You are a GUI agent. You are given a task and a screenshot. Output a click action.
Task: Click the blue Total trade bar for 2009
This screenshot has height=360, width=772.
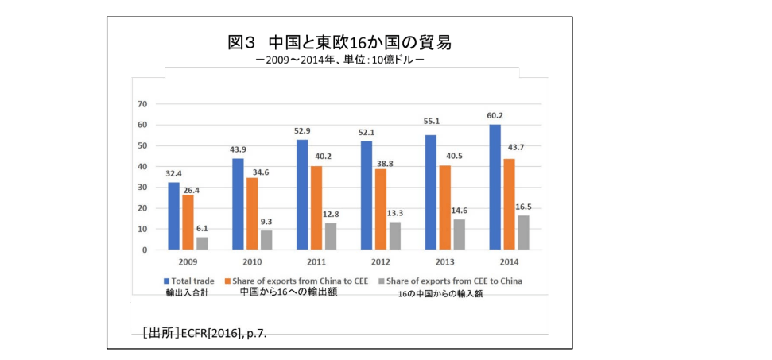(x=173, y=216)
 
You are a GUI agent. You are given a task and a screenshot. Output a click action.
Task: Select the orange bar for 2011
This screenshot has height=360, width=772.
(x=316, y=208)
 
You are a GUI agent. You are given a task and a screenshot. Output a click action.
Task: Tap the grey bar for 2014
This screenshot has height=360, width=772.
(x=522, y=233)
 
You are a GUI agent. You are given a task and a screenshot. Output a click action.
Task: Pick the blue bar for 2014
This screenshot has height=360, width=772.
(x=495, y=188)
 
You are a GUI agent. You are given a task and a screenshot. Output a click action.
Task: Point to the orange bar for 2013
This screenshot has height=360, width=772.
(x=444, y=207)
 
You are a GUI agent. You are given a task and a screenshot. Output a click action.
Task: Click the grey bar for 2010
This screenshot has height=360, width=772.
(x=266, y=240)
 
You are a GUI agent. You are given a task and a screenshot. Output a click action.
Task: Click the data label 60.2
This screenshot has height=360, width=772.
(x=495, y=116)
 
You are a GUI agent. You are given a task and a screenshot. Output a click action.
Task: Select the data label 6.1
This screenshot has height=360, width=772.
(x=203, y=228)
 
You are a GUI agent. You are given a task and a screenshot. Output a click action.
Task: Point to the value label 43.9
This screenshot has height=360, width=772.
(x=238, y=150)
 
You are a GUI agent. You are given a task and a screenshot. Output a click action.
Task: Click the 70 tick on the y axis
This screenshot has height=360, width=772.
(x=143, y=104)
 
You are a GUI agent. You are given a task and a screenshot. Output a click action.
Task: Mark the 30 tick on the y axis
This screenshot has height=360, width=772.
(x=143, y=188)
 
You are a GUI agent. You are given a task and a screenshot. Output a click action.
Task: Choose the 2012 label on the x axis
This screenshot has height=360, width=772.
(x=380, y=261)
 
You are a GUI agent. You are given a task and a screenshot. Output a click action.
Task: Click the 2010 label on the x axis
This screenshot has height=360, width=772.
(x=252, y=261)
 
